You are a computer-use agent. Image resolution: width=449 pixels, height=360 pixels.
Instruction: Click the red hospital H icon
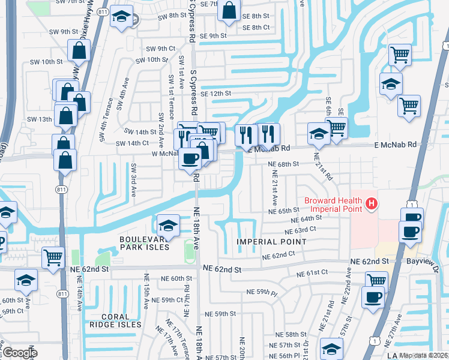(x=372, y=205)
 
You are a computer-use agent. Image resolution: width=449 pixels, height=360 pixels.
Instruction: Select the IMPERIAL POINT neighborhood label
(x=271, y=242)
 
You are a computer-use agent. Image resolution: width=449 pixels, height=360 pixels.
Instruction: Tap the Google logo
(x=19, y=353)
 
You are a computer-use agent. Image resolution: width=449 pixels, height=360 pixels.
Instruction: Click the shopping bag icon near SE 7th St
(x=229, y=10)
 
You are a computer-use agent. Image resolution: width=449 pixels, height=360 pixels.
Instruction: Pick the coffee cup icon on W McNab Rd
(x=190, y=159)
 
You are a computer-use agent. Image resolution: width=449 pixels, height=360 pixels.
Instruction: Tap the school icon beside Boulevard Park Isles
(x=169, y=226)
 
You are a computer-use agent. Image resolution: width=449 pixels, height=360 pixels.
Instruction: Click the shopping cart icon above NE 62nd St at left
(x=53, y=257)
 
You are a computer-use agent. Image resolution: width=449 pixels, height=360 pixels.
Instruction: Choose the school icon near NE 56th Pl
(x=332, y=349)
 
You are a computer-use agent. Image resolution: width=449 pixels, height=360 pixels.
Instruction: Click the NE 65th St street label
(x=284, y=211)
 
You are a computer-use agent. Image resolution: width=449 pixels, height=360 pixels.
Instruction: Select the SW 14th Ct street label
(x=132, y=143)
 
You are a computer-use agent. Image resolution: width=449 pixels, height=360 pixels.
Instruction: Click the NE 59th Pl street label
(x=262, y=292)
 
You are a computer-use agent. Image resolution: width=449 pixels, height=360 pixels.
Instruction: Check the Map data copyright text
(x=424, y=355)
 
